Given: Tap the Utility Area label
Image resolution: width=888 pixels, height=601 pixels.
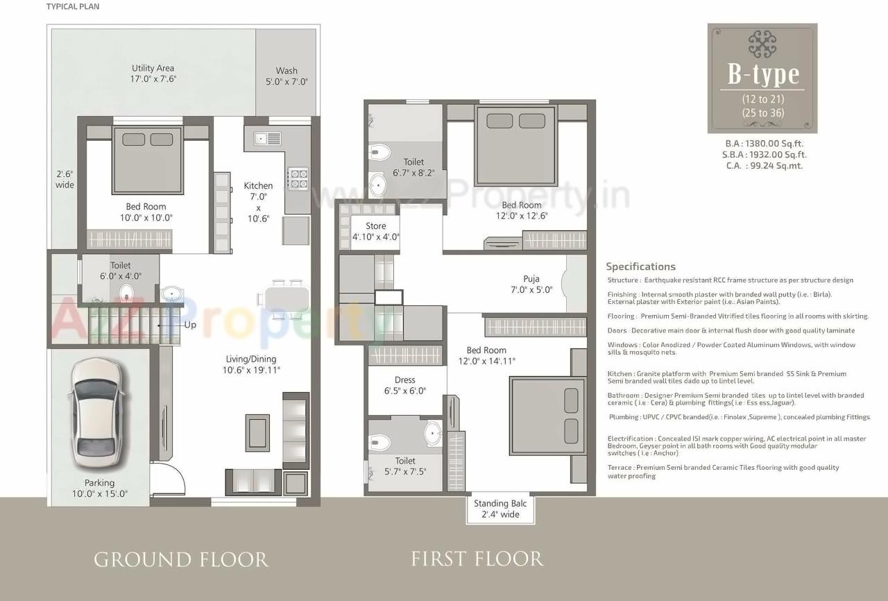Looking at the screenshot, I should [x=153, y=74].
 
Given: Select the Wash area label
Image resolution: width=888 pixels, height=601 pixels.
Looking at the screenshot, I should [x=287, y=76].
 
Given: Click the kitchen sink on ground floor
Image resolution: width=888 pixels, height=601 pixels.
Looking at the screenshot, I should [x=266, y=138].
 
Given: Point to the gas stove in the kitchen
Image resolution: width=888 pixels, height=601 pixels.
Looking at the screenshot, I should [x=298, y=178].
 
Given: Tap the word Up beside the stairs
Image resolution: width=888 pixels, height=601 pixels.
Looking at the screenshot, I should [x=189, y=325].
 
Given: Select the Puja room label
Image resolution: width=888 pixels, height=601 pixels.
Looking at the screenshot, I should [x=531, y=285].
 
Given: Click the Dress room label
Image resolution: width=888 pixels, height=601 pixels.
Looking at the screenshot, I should [x=404, y=385].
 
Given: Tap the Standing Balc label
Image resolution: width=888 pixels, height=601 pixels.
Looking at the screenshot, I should [x=499, y=509].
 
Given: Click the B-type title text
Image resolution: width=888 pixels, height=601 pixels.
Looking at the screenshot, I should [x=762, y=74].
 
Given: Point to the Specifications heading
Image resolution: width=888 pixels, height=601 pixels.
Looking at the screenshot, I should [x=640, y=266].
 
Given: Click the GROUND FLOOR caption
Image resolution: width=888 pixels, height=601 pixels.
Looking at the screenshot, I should [x=181, y=559].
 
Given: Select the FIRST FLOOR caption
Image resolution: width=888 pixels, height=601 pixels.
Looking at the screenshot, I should [x=477, y=559].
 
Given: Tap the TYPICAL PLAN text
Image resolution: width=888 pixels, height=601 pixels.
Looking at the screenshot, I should [x=73, y=7].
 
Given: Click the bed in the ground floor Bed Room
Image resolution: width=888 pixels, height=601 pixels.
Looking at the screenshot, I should [x=147, y=161].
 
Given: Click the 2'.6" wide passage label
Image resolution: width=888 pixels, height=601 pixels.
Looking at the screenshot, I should [x=65, y=180].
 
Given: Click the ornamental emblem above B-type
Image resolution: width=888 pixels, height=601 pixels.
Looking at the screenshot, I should [x=762, y=44].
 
